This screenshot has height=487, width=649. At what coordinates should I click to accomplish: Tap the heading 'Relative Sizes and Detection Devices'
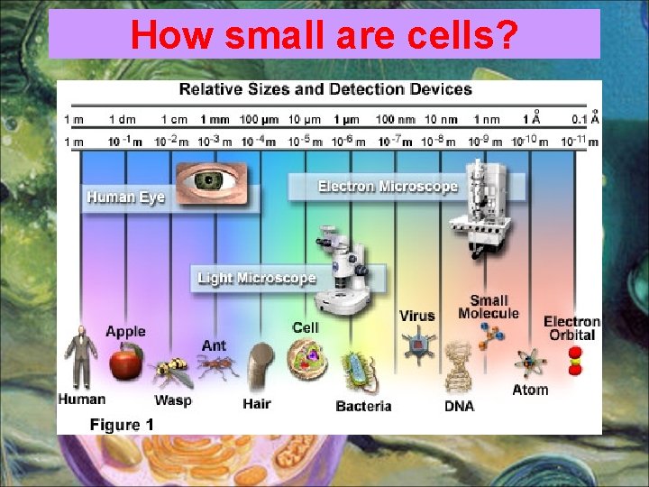[325, 89]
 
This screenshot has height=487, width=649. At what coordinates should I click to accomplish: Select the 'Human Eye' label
[125, 197]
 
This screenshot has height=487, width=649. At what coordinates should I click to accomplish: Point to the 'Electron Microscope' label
[388, 187]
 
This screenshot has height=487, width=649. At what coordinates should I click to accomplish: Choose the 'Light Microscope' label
[257, 278]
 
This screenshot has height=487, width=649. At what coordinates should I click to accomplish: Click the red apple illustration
[124, 363]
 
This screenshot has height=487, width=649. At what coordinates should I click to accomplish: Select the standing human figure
[80, 356]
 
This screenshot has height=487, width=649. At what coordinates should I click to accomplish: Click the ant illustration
[216, 365]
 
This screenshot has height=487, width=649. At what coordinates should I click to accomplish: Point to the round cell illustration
[306, 359]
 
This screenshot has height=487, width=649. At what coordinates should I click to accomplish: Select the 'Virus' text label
[417, 316]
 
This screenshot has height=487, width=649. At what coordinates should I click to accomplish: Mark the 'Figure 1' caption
[122, 424]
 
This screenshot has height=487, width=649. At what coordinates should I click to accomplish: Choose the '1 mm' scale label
[215, 118]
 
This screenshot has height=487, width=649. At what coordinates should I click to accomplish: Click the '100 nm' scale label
[395, 118]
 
